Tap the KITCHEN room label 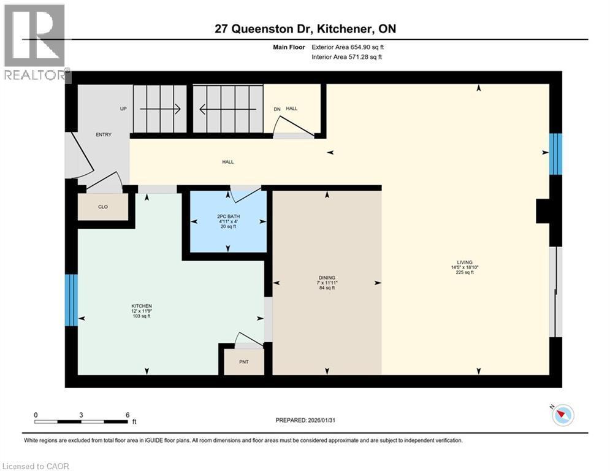pyautogui.click(x=141, y=306)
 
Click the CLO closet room pyautogui.click(x=103, y=207)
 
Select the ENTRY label pyautogui.click(x=104, y=135)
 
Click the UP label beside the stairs pyautogui.click(x=123, y=109)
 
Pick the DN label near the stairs pyautogui.click(x=276, y=109)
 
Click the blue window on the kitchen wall pyautogui.click(x=72, y=300)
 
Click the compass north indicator pyautogui.click(x=562, y=415)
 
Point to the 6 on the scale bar pyautogui.click(x=127, y=415)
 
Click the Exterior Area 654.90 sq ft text pyautogui.click(x=348, y=47)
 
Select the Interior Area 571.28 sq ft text pyautogui.click(x=348, y=57)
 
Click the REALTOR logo pyautogui.click(x=36, y=43)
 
